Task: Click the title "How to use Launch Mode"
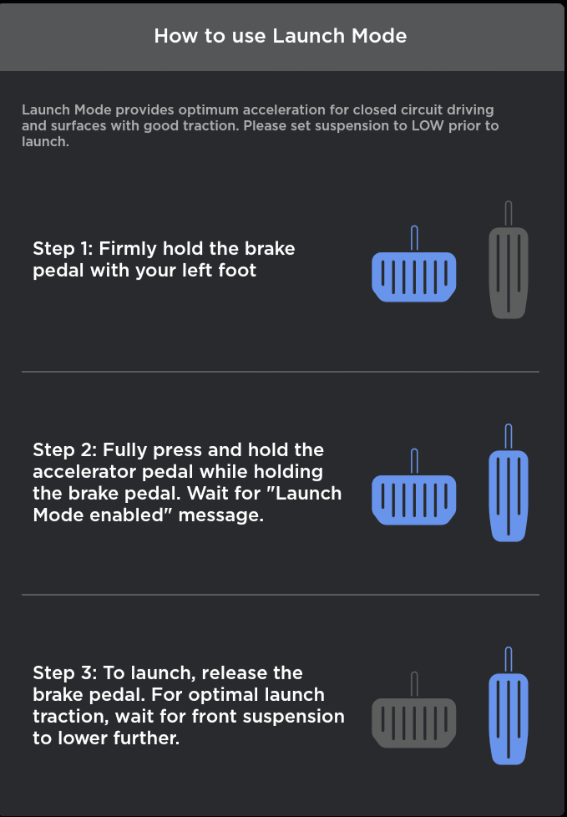280,36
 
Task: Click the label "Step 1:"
63,249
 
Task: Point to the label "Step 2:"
64,449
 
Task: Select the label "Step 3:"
64,672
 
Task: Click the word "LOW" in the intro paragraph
428,126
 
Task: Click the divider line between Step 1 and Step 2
280,372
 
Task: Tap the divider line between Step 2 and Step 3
280,595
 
